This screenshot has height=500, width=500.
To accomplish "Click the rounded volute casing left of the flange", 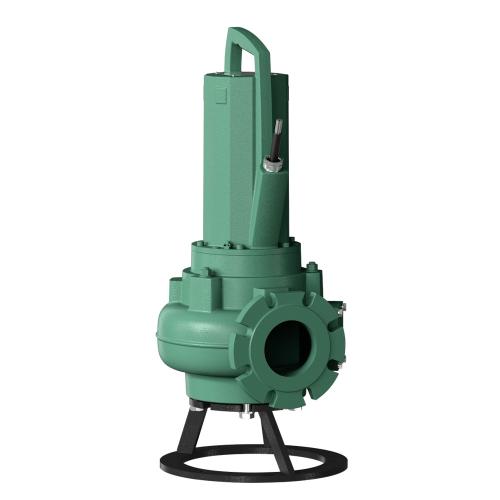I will tap(195, 335).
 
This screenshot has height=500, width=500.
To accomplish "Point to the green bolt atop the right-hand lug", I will tap(312, 267).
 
